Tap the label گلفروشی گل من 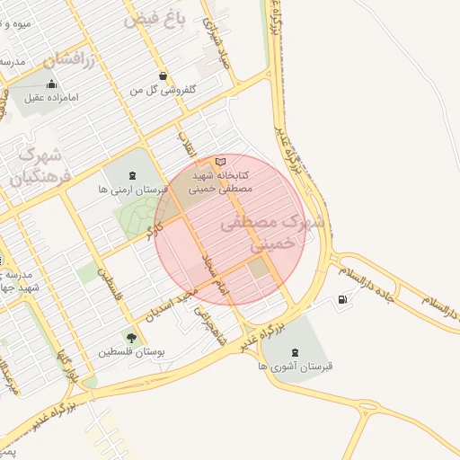163,91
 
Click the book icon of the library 221,161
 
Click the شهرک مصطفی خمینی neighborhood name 264,232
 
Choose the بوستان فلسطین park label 132,352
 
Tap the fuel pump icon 342,300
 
